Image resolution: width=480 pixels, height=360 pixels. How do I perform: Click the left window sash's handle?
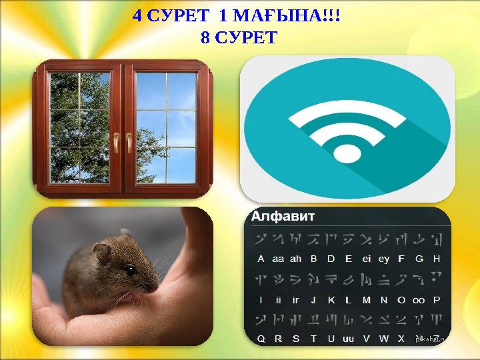pyautogui.click(x=115, y=141)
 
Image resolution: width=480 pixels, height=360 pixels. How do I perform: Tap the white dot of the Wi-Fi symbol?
pyautogui.click(x=346, y=154)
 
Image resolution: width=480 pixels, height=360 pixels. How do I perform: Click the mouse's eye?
pyautogui.click(x=131, y=270)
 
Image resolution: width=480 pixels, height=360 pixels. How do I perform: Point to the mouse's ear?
pyautogui.click(x=103, y=251)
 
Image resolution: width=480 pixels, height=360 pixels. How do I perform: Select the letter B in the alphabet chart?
pyautogui.click(x=313, y=259)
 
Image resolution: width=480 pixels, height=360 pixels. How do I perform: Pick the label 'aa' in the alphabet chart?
pyautogui.click(x=278, y=259)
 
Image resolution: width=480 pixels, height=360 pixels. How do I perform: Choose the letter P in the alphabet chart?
pyautogui.click(x=437, y=299)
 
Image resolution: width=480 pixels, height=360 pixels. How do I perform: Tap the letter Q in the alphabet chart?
pyautogui.click(x=261, y=339)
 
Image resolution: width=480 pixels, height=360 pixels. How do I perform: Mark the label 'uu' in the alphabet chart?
pyautogui.click(x=348, y=339)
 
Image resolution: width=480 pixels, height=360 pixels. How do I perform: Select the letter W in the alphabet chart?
pyautogui.click(x=383, y=339)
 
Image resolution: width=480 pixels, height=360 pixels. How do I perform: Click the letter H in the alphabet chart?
pyautogui.click(x=437, y=259)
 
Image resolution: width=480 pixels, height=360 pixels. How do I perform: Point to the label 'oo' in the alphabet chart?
pyautogui.click(x=419, y=300)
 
